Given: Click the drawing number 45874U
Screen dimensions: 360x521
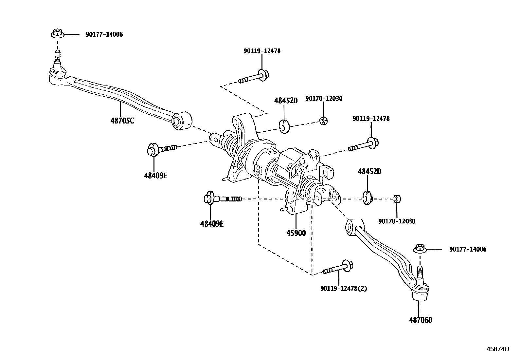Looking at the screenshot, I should pyautogui.click(x=497, y=349).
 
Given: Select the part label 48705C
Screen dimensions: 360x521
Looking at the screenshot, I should pyautogui.click(x=122, y=121).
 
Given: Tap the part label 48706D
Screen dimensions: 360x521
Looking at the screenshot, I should pyautogui.click(x=420, y=320).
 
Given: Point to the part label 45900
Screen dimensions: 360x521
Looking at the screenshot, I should pyautogui.click(x=296, y=233).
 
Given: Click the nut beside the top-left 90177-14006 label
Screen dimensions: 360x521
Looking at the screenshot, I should pyautogui.click(x=57, y=33).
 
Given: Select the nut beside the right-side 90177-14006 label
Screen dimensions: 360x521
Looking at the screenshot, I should pyautogui.click(x=420, y=249).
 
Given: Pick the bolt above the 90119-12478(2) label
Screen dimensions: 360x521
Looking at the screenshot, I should pyautogui.click(x=338, y=268).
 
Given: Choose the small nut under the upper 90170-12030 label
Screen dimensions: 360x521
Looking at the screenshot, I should pyautogui.click(x=323, y=121).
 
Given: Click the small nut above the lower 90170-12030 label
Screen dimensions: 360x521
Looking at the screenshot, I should pyautogui.click(x=397, y=199).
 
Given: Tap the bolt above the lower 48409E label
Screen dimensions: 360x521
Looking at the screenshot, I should pyautogui.click(x=222, y=199).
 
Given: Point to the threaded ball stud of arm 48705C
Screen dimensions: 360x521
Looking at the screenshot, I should pyautogui.click(x=57, y=59).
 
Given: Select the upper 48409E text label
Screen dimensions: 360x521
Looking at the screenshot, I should pyautogui.click(x=155, y=176).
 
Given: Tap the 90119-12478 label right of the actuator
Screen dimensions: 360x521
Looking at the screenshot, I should pyautogui.click(x=371, y=119).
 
